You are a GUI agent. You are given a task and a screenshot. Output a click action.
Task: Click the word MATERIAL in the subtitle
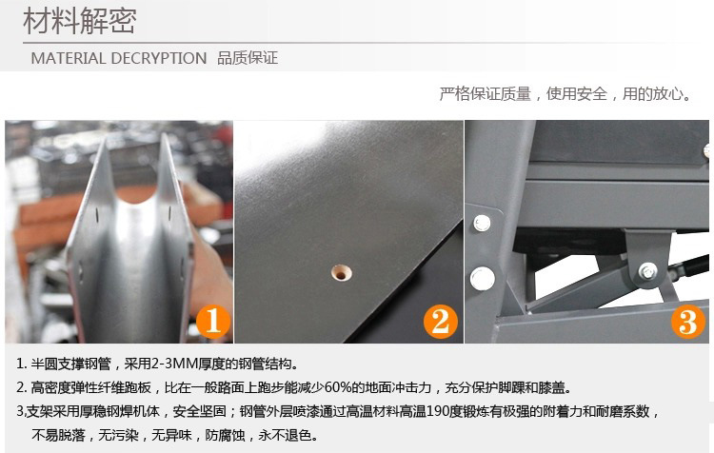pos(69,58)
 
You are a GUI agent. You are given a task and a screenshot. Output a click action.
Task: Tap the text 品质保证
pos(248,58)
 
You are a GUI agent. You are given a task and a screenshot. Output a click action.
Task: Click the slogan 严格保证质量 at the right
pos(486,94)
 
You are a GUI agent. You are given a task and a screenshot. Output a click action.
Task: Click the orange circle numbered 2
pos(439,322)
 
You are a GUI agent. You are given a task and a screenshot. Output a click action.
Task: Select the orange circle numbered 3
pos(687,322)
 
